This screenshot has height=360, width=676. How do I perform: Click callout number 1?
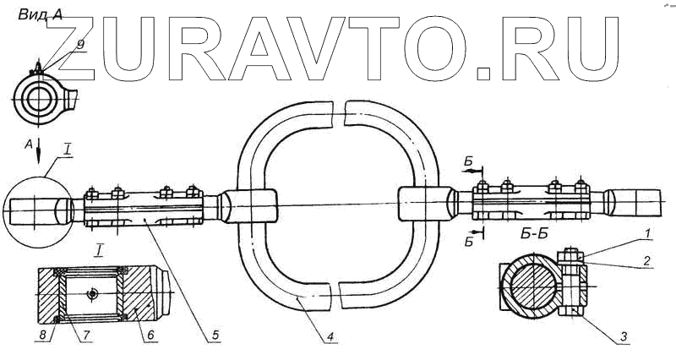[647, 234]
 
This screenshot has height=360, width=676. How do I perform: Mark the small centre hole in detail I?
[91, 293]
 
